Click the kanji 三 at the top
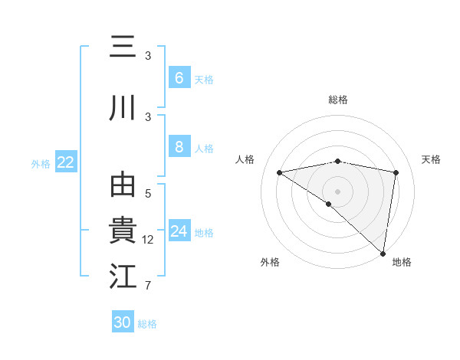[x=123, y=47]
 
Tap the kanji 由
[x=123, y=186]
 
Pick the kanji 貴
[x=123, y=231]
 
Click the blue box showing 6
[x=179, y=77]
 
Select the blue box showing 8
[x=179, y=147]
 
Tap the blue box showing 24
[x=179, y=231]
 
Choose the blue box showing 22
[x=66, y=162]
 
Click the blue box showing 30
[x=123, y=322]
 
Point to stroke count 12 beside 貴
[x=148, y=240]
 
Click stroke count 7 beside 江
[x=148, y=286]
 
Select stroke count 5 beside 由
[x=148, y=194]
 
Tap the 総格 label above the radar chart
[x=338, y=100]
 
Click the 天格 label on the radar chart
[x=431, y=159]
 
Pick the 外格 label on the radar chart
[x=270, y=262]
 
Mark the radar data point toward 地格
[x=383, y=253]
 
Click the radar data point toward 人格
[x=280, y=172]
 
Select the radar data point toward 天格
[x=396, y=172]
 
